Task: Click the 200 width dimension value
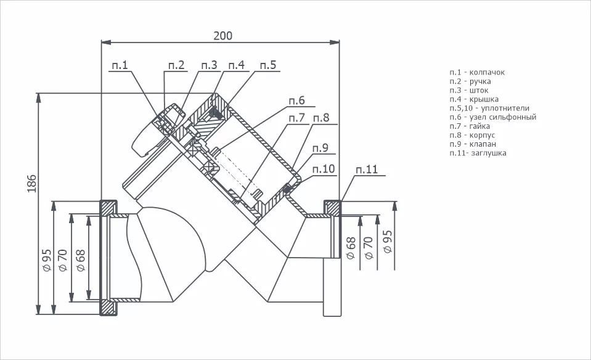[222, 36]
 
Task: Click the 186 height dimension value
[32, 184]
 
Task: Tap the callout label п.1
[120, 65]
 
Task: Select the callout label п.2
[176, 65]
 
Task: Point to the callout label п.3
[209, 65]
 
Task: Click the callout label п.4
[236, 65]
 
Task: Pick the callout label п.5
[268, 65]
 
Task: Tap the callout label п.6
[296, 100]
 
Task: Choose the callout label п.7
[296, 118]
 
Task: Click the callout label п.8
[321, 118]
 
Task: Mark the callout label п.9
[320, 148]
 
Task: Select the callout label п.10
[324, 169]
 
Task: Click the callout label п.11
[367, 170]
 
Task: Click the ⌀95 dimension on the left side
[47, 260]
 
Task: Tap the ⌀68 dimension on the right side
[351, 248]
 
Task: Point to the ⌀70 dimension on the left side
[63, 260]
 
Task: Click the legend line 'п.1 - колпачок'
[477, 72]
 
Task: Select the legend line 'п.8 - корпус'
[472, 135]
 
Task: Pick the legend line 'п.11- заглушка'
[478, 153]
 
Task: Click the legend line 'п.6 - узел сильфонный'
[492, 117]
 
